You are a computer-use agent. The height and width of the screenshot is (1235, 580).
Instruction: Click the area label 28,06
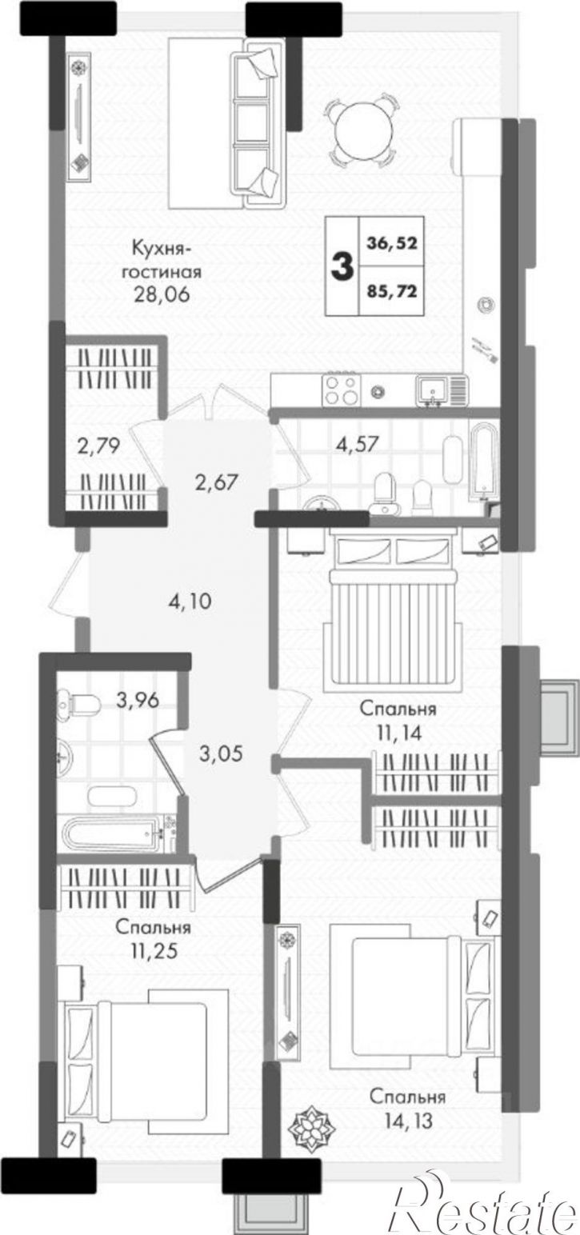tap(162, 294)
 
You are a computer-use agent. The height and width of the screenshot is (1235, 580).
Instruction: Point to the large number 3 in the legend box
tap(342, 266)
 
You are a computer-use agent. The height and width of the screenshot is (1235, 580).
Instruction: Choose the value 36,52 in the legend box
tap(391, 242)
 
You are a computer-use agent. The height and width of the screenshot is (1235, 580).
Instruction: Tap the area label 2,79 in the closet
tap(98, 446)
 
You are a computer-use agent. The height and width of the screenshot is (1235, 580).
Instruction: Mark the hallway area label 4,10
tap(190, 601)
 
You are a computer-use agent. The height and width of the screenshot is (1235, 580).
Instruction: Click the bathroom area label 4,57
tap(358, 443)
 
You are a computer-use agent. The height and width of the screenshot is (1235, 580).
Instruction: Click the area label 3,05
tap(221, 753)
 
